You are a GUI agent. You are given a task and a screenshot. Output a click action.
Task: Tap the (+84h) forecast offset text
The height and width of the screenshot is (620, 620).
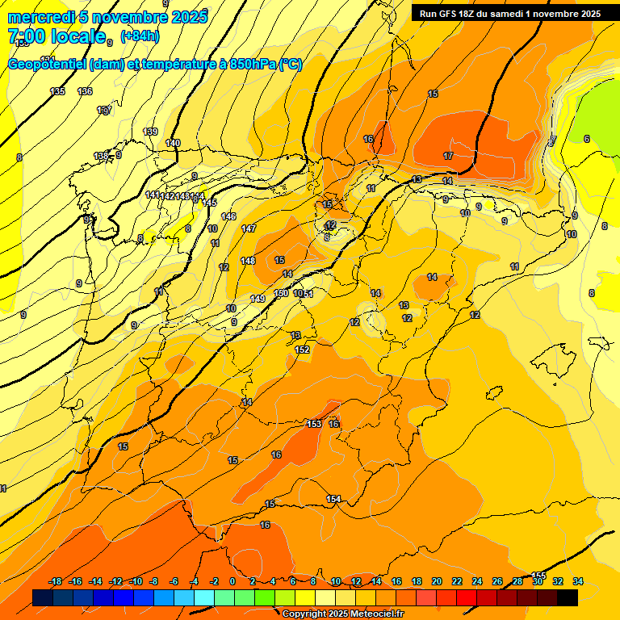click(x=140, y=36)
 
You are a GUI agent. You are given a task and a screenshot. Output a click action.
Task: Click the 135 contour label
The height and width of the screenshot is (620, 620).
click(x=57, y=91)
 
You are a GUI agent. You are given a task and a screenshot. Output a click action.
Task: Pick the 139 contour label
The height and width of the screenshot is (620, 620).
click(x=150, y=132)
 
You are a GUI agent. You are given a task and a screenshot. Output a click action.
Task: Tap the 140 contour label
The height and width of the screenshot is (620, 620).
click(x=173, y=143)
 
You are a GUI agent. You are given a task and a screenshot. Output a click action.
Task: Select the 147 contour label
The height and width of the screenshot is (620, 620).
click(x=249, y=228)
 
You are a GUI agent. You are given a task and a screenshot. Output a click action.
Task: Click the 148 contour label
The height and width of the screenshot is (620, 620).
click(x=248, y=261)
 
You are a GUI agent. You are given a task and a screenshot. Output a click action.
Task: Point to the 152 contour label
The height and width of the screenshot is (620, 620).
click(x=303, y=350)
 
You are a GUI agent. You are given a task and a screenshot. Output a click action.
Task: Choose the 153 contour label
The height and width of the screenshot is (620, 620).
click(x=314, y=424)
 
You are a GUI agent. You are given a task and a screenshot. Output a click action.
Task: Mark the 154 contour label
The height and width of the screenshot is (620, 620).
click(x=333, y=499)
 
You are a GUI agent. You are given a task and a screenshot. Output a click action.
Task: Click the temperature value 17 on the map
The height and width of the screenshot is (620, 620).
click(x=448, y=155)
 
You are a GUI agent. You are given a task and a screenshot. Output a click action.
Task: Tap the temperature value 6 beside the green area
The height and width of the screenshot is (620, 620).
click(x=587, y=139)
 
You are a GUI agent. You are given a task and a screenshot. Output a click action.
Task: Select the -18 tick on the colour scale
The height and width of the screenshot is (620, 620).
click(x=56, y=581)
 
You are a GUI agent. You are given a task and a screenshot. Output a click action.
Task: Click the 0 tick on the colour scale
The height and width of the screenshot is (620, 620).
click(x=232, y=581)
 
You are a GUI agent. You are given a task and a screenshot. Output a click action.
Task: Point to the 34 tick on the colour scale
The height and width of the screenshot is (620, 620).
click(x=578, y=581)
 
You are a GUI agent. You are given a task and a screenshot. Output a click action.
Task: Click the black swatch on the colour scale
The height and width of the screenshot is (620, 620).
click(x=568, y=598)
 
